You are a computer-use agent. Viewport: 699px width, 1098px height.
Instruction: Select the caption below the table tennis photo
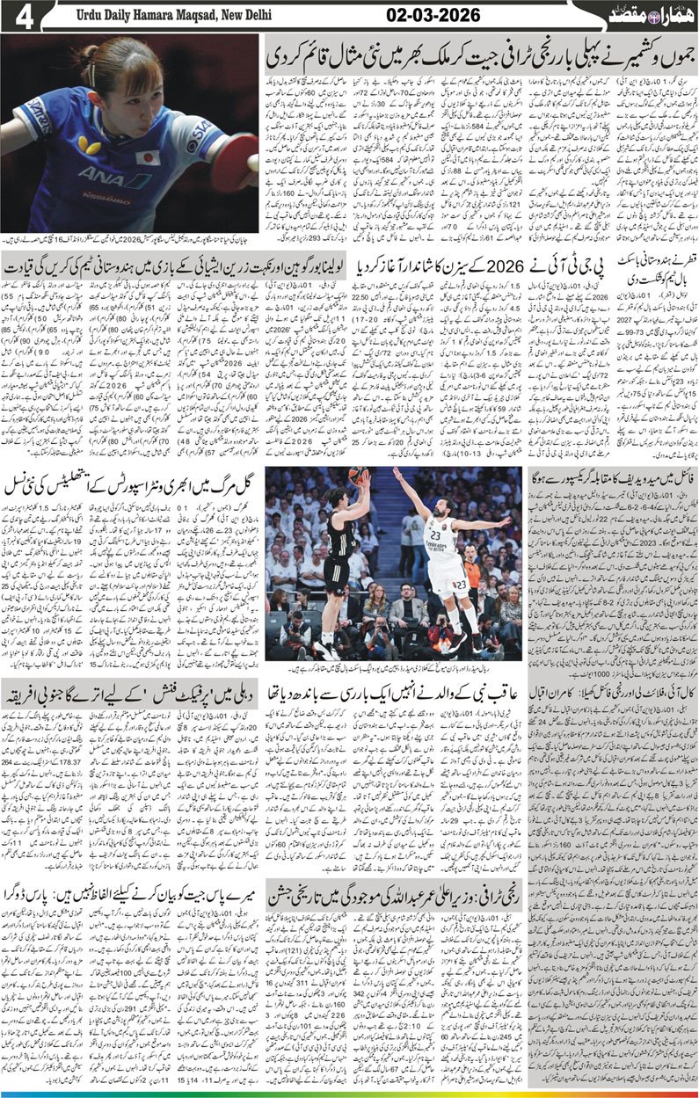[x=130, y=239]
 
